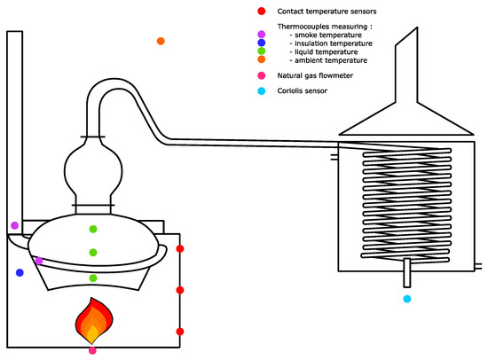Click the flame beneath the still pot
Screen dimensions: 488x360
(94, 321)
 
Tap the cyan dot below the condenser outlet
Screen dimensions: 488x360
(407, 299)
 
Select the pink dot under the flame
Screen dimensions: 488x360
(92, 350)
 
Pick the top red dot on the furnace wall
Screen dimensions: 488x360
(180, 248)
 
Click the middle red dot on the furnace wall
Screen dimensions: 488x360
(180, 290)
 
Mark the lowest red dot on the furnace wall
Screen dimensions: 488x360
(180, 332)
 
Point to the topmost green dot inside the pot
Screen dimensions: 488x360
(93, 230)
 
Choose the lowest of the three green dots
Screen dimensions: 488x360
(93, 278)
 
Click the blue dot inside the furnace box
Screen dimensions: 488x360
(20, 272)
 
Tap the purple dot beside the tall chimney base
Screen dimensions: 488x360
(14, 225)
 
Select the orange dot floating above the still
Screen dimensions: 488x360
(161, 41)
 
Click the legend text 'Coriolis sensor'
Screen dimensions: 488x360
(303, 90)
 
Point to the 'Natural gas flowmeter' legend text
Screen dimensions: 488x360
(315, 75)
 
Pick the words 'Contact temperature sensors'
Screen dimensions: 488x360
(327, 12)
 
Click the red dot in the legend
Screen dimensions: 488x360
(262, 12)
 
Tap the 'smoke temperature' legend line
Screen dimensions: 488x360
(326, 35)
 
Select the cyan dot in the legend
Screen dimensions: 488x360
(262, 90)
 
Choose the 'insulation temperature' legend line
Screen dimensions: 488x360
(331, 43)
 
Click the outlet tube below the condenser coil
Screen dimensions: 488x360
(406, 272)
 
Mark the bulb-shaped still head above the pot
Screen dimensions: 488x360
(93, 171)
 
